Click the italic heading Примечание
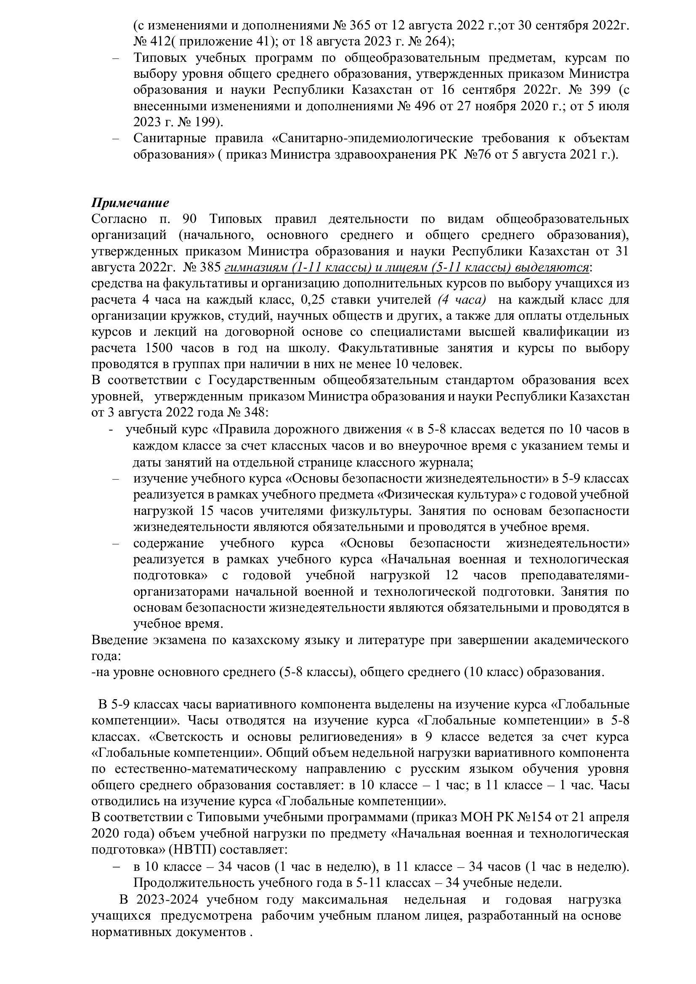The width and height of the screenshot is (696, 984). pos(130,203)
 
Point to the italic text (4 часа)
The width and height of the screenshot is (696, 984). pos(462,300)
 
